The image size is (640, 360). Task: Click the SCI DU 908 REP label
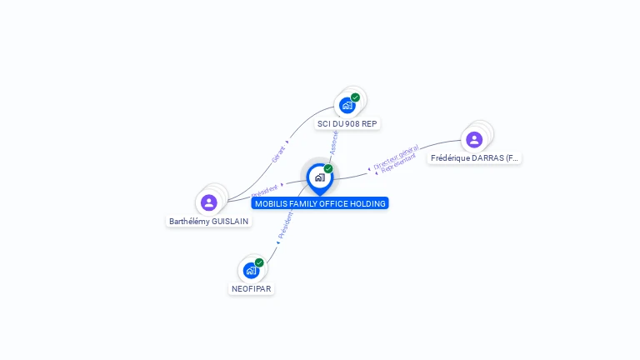(x=347, y=123)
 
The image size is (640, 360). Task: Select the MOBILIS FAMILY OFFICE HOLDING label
(x=320, y=203)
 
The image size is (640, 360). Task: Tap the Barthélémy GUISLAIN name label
(x=208, y=222)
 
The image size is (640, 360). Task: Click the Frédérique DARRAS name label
(x=474, y=157)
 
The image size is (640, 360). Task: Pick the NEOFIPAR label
(x=251, y=288)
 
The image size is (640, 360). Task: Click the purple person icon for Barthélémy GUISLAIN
(x=209, y=202)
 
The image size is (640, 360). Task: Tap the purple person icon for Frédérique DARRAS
(x=474, y=139)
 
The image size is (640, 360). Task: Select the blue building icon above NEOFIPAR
(x=251, y=270)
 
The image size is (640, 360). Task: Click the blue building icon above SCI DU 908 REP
(x=347, y=106)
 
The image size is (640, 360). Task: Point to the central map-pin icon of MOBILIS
(x=319, y=177)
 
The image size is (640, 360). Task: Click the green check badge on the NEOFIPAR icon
(x=259, y=262)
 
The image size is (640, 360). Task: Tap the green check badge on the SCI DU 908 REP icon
(x=355, y=97)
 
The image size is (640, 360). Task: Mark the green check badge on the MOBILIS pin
(x=328, y=168)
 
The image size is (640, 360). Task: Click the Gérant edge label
(x=277, y=154)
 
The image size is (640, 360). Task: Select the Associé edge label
(x=333, y=143)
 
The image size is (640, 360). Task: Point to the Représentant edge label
(x=399, y=163)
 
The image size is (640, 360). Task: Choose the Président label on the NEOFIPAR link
(x=285, y=225)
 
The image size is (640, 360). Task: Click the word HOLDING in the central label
(x=368, y=203)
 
